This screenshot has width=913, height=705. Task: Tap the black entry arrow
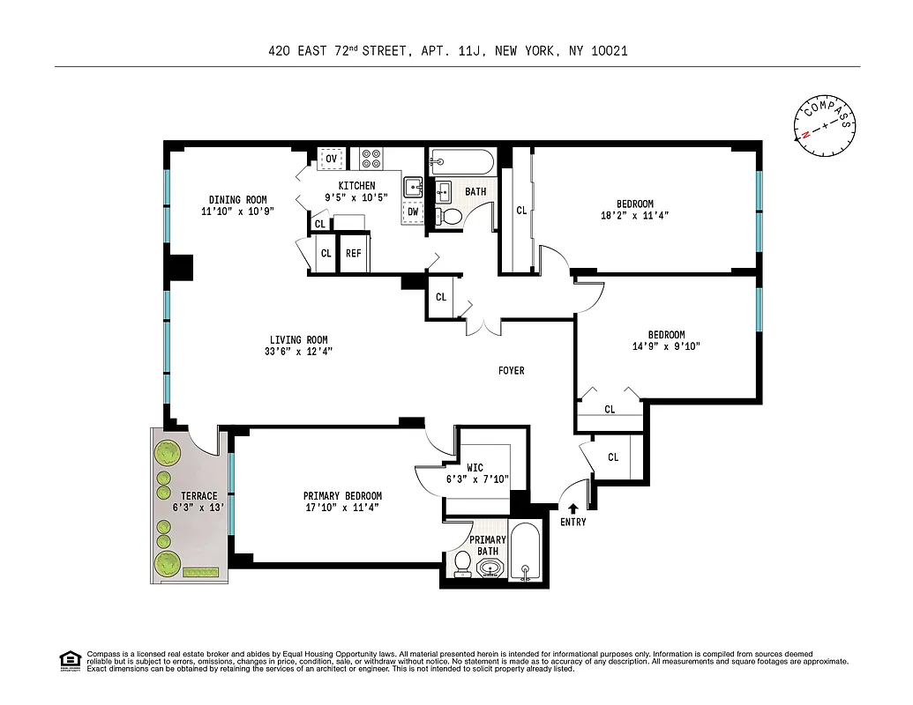[573, 508]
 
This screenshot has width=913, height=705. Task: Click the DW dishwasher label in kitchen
[412, 211]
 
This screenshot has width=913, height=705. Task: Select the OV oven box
[331, 159]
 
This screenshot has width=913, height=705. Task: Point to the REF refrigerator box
[354, 253]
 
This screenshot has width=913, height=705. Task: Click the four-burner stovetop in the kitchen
[371, 159]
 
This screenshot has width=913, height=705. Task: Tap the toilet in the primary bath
[462, 563]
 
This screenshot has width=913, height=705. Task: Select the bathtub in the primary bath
[525, 553]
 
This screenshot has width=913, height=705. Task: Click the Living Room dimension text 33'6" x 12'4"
[298, 352]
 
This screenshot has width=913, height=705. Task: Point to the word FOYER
[511, 371]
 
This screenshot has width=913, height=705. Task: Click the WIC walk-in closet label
[475, 468]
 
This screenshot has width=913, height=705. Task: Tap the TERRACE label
[199, 496]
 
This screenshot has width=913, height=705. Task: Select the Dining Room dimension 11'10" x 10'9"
[237, 211]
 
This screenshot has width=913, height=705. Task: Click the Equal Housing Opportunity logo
[70, 660]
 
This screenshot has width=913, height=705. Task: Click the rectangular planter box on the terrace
[200, 572]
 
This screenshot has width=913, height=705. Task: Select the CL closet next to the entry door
[613, 456]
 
